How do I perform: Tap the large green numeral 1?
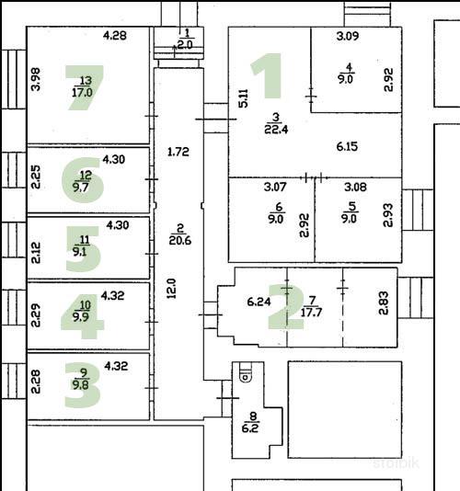click(269, 75)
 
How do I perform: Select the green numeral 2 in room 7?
click(286, 307)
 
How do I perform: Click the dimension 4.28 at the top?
click(115, 35)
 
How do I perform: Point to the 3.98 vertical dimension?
click(37, 80)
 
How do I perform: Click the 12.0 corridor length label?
click(172, 289)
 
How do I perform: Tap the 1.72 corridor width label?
click(178, 152)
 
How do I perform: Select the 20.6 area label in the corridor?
click(180, 240)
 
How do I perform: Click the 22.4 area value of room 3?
click(276, 129)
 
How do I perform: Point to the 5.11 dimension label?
click(243, 98)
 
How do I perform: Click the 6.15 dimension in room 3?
click(347, 146)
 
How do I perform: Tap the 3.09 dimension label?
click(348, 36)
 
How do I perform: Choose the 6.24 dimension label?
click(259, 302)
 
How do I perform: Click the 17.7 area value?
click(311, 313)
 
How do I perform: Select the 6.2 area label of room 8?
click(250, 428)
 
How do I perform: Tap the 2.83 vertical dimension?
click(384, 303)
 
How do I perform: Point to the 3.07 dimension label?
click(275, 187)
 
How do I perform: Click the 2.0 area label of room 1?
click(185, 45)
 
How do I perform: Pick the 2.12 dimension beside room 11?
click(36, 253)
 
